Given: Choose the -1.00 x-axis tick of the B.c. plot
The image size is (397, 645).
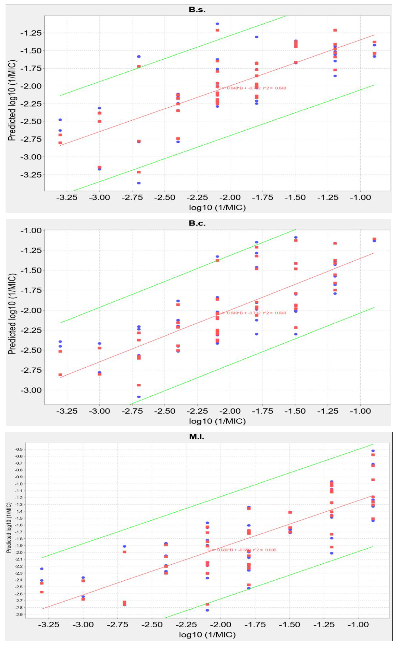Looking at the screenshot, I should point(360,411).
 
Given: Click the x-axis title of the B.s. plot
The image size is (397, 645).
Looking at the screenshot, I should point(217,208).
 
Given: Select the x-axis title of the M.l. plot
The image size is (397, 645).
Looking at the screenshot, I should point(207,635).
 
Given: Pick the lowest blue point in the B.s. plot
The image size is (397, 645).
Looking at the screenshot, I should point(139,183).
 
